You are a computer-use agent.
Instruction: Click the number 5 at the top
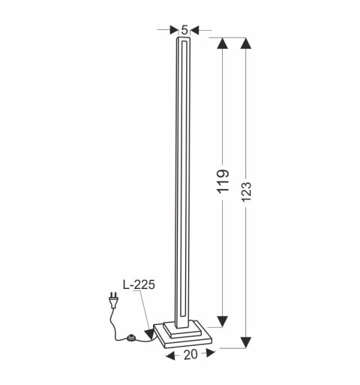(184, 30)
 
